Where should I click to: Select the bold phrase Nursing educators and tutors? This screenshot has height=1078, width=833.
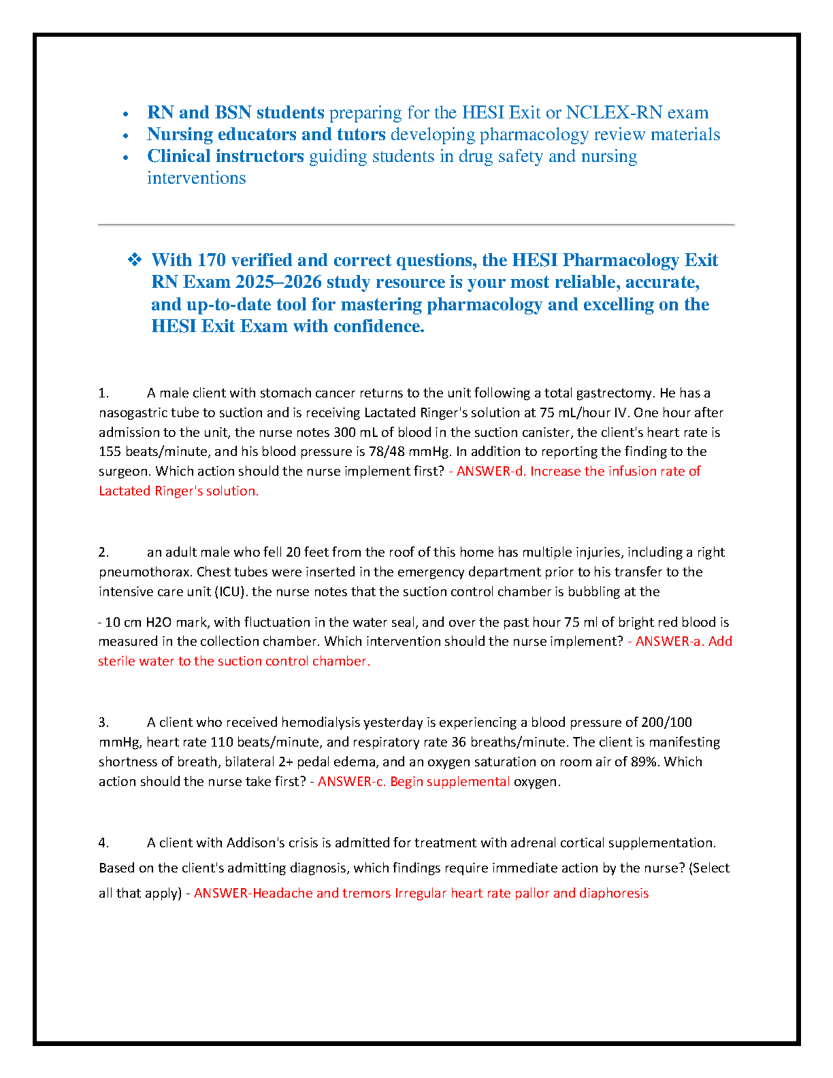pos(266,134)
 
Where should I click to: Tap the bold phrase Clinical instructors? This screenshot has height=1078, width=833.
pos(225,156)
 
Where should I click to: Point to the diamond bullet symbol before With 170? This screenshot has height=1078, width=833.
pos(135,259)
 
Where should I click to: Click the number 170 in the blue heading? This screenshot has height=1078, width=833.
pos(211,260)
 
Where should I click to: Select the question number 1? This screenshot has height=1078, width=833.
pos(103,393)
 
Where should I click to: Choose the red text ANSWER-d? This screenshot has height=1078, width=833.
pos(491,471)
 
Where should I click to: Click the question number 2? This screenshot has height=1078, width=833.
pos(103,552)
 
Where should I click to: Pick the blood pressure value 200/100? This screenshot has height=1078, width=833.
pos(667,722)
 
